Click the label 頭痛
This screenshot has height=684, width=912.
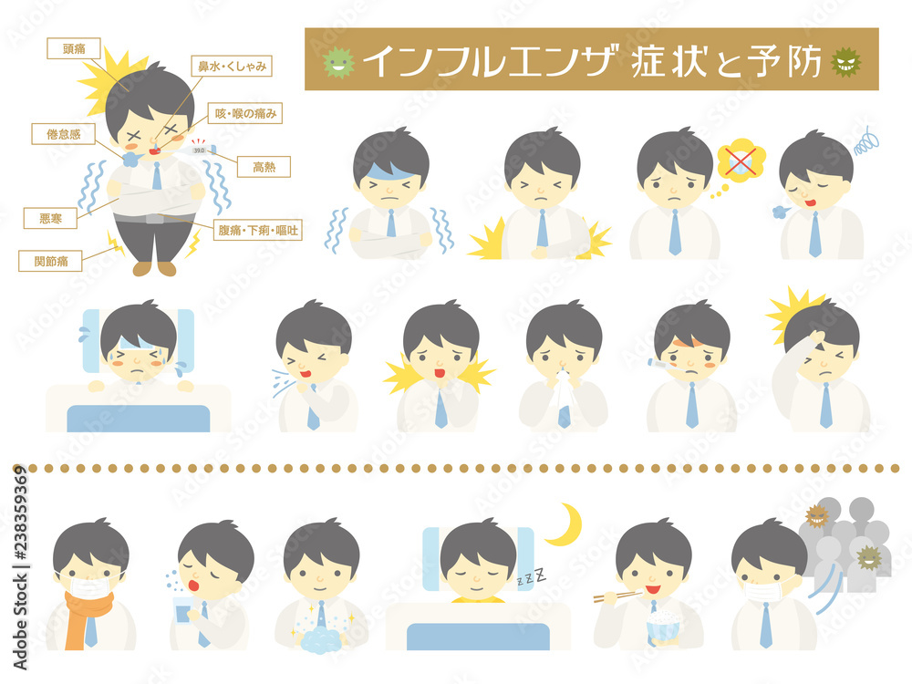point(74,49)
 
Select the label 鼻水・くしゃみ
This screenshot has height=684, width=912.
point(232,67)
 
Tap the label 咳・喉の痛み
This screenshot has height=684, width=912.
point(245,113)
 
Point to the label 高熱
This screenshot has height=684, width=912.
point(264,167)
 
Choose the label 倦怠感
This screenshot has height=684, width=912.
point(64,134)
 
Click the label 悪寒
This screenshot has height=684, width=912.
point(50,218)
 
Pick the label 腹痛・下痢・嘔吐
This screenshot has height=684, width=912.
point(258,231)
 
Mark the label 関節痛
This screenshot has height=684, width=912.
point(50,261)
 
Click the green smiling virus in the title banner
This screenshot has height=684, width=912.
point(338,61)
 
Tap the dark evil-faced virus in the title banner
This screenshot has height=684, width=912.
point(845,62)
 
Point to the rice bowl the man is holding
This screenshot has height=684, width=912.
point(662,626)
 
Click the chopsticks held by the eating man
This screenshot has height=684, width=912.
point(616,596)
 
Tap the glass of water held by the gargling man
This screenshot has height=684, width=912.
point(183,610)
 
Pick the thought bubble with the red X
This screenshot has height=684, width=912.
point(740,159)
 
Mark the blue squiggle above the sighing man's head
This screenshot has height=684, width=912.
point(866,141)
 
